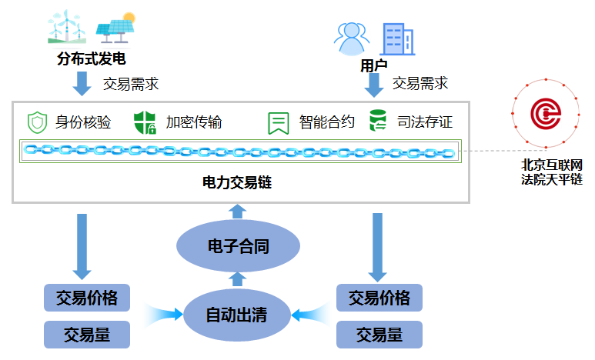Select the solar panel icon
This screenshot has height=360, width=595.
tap(115, 28)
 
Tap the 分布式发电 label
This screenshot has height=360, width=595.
tap(91, 58)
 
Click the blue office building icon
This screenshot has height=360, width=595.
tap(397, 38)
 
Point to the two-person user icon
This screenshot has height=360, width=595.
tap(351, 37)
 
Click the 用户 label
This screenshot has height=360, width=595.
tap(373, 67)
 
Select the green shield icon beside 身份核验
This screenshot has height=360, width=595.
tap(37, 122)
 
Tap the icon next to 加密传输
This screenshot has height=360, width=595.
tap(145, 122)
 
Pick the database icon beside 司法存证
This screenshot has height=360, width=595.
tap(378, 122)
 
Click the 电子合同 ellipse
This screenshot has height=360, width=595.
tap(238, 247)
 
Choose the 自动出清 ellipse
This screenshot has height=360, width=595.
tap(237, 314)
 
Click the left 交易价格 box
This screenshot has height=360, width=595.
tap(87, 297)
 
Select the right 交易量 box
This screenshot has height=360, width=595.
tap(379, 335)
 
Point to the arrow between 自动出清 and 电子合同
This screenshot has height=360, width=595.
tap(238, 278)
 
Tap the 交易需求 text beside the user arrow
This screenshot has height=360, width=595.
tap(420, 83)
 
